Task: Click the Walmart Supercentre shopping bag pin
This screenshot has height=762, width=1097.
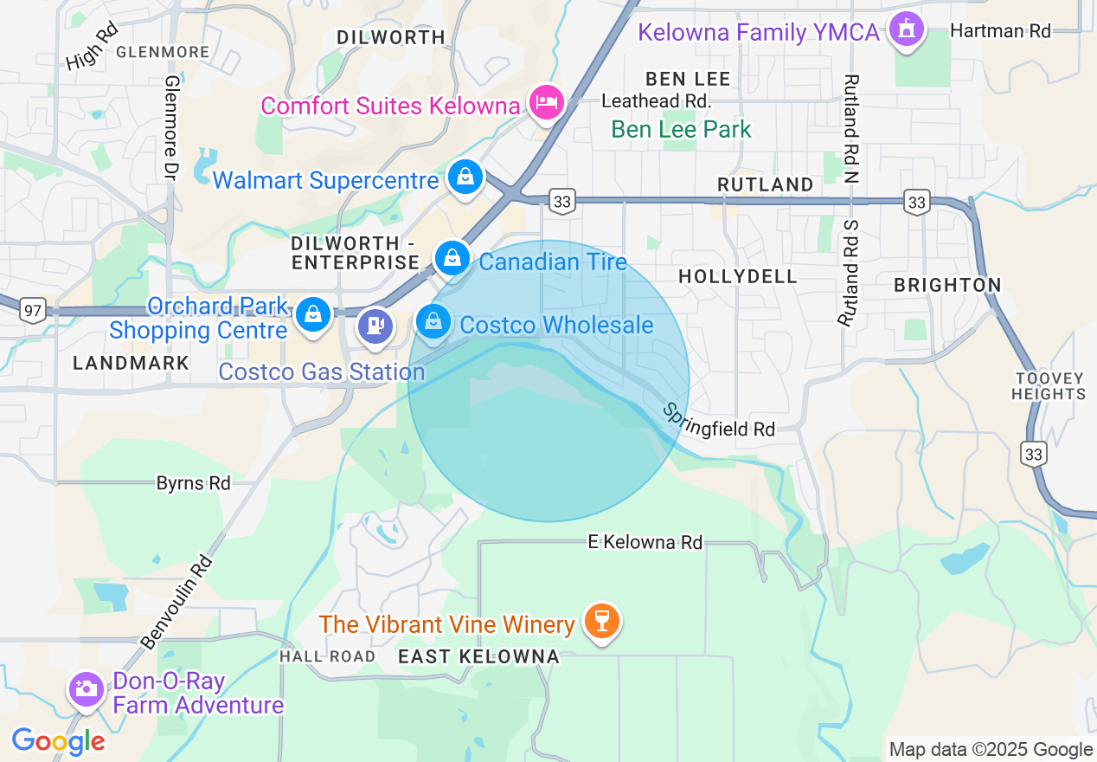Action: [x=465, y=178]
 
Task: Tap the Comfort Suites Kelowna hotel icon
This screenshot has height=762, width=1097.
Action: [x=547, y=103]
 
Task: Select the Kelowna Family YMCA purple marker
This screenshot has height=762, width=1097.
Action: [x=906, y=29]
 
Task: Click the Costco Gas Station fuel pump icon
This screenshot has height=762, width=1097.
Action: [x=375, y=326]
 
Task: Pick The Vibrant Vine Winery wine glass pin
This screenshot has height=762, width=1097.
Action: [x=601, y=621]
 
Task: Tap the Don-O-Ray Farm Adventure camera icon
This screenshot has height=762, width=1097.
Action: [x=86, y=690]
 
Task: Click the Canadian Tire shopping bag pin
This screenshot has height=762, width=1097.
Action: [x=452, y=258]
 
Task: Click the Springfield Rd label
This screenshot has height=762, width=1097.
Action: [x=719, y=419]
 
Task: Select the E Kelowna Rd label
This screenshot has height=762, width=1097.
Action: [x=645, y=542]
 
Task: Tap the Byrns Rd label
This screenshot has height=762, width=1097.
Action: [x=193, y=482]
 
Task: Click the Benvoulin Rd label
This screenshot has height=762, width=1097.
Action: [x=176, y=602]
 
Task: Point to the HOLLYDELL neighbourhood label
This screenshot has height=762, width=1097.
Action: [x=738, y=276]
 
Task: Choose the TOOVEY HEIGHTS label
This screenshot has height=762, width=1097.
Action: [x=1050, y=386]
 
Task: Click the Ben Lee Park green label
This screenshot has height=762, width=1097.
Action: [x=681, y=130]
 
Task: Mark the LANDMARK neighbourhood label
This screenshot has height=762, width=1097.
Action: [x=131, y=363]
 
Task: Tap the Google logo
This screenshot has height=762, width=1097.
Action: [x=58, y=741]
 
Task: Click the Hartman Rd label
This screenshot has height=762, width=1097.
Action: [x=1000, y=31]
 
